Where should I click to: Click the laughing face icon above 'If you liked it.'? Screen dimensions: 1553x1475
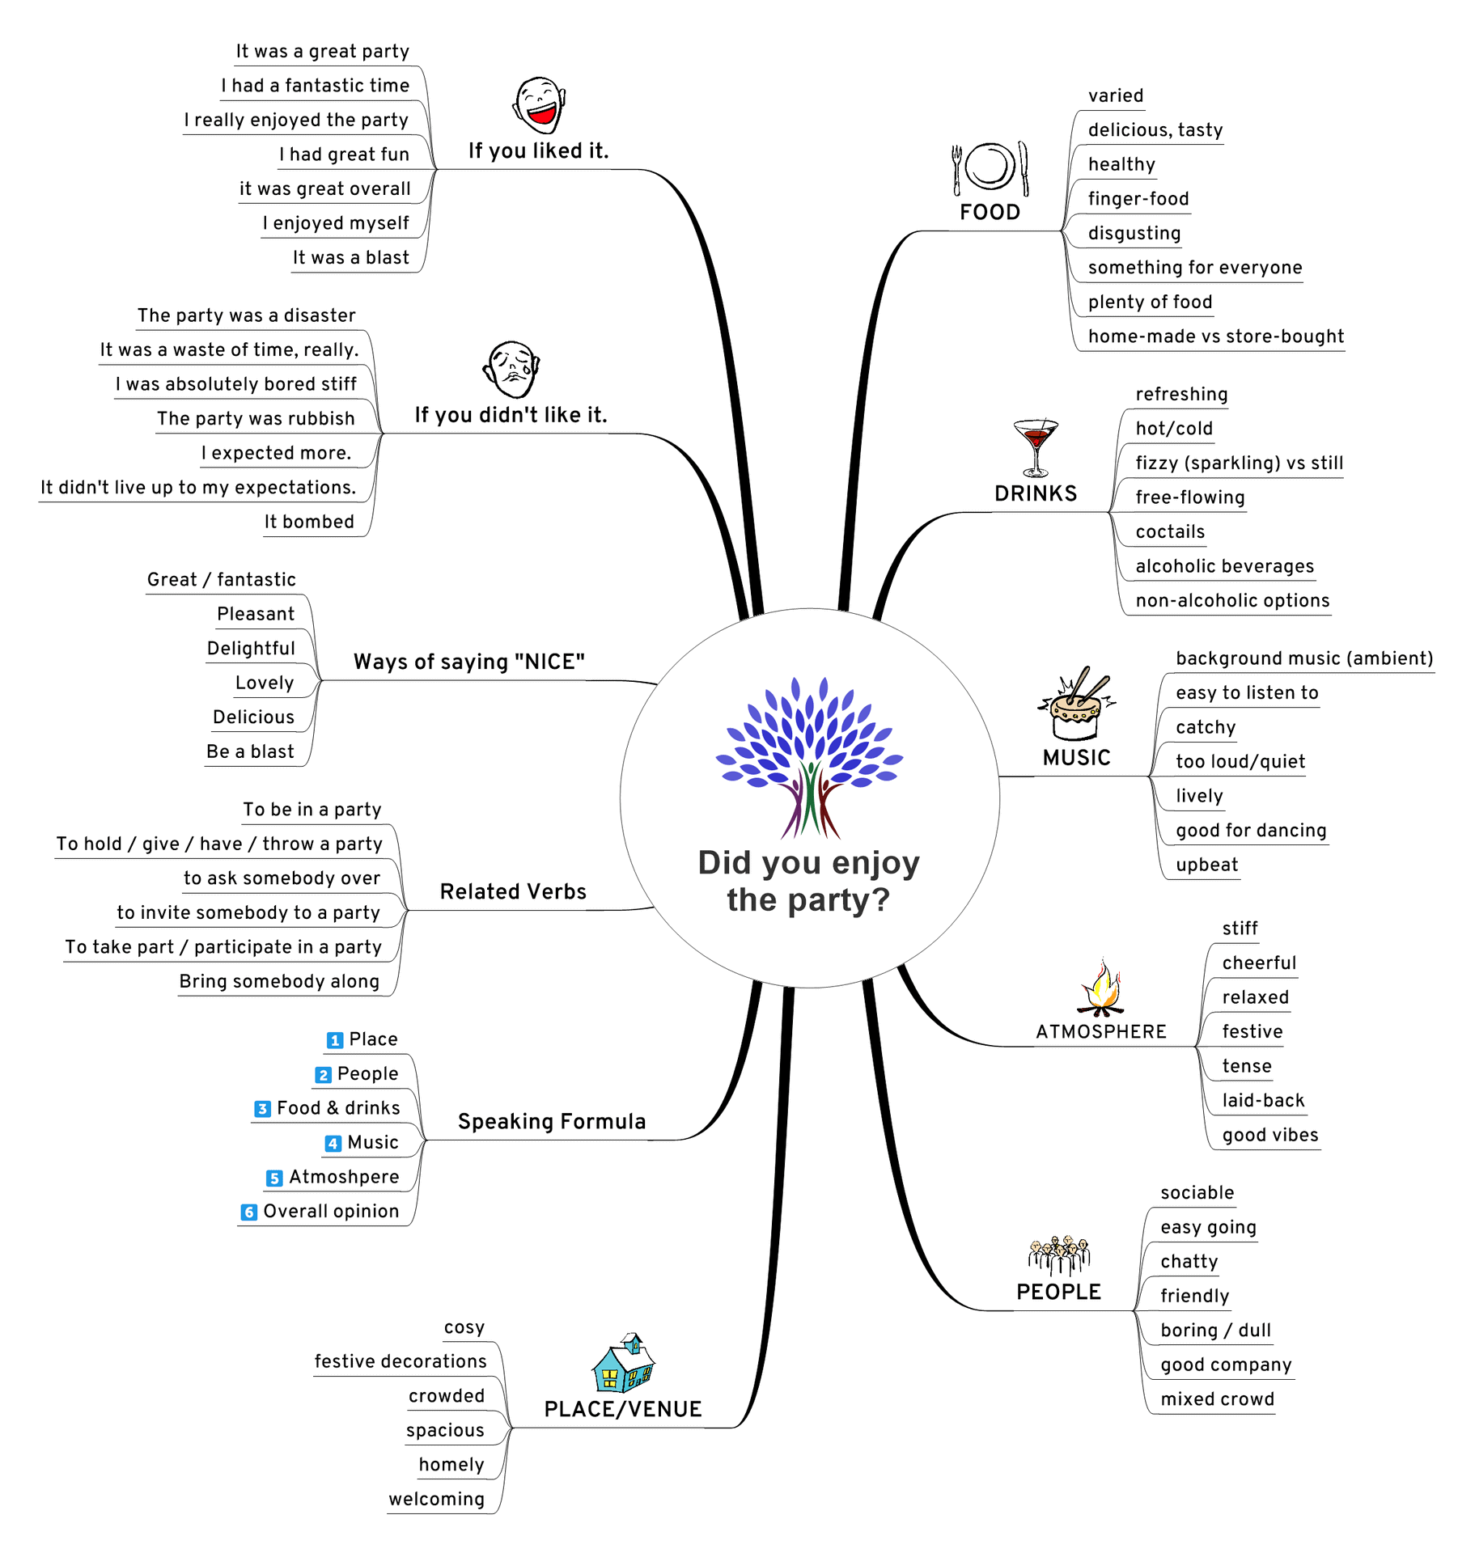[539, 105]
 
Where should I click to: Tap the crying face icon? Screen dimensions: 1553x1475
[511, 369]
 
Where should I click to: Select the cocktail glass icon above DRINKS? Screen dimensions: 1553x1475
[1035, 447]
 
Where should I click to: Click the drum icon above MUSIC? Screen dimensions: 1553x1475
[1076, 705]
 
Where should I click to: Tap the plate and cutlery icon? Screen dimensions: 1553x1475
[990, 168]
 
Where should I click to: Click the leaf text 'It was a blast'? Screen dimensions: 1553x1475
[350, 258]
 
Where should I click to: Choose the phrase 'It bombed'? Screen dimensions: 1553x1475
[309, 523]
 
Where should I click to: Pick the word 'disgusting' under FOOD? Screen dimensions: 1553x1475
[1134, 234]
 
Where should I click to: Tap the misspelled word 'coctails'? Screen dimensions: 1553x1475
[1169, 532]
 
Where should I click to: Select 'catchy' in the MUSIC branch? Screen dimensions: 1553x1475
[1205, 728]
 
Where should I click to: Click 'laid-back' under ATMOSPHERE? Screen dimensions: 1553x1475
[1262, 1101]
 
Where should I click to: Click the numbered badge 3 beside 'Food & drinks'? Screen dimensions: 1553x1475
[262, 1109]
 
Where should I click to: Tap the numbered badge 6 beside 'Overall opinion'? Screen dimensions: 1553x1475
[248, 1212]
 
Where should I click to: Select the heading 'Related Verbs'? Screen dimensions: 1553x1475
[512, 892]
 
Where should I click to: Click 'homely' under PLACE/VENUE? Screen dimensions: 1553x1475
[451, 1466]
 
